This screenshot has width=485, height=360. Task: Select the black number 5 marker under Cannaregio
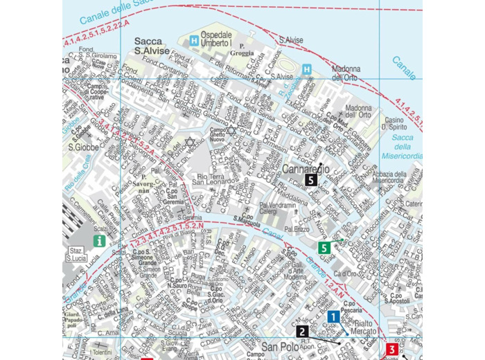pyautogui.click(x=311, y=180)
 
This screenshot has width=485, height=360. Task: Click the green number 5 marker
pyautogui.click(x=324, y=248)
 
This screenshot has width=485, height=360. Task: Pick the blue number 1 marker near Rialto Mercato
pyautogui.click(x=333, y=317)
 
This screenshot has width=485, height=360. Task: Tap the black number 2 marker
pyautogui.click(x=302, y=332)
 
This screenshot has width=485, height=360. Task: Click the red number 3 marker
pyautogui.click(x=392, y=350)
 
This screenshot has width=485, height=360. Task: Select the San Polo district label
pyautogui.click(x=280, y=346)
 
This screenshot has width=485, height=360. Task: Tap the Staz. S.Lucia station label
pyautogui.click(x=77, y=254)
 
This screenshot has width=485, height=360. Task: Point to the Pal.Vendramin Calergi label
pyautogui.click(x=278, y=208)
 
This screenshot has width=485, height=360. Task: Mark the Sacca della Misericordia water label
pyautogui.click(x=403, y=147)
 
